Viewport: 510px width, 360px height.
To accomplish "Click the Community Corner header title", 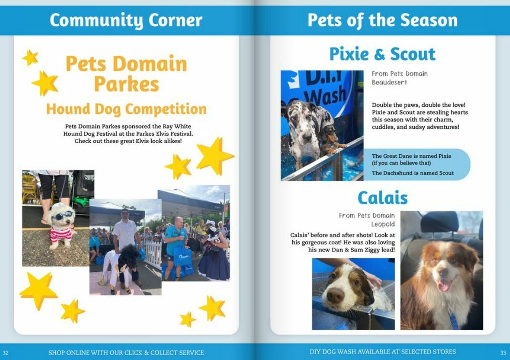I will tap(126, 20).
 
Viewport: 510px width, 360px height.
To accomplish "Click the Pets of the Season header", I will tap(382, 20).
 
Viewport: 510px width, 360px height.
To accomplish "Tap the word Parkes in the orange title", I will tap(126, 84).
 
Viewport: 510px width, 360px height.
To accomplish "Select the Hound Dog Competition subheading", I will tap(126, 109).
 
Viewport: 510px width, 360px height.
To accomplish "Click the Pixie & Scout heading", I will tap(382, 54).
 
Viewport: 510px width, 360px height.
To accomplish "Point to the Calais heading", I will tap(382, 198).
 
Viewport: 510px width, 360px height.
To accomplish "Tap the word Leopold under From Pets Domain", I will tap(383, 224).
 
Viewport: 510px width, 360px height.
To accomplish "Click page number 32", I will tap(6, 352).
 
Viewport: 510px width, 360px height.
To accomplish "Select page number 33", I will tap(503, 352).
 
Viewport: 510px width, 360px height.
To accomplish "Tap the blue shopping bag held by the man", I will tap(182, 256).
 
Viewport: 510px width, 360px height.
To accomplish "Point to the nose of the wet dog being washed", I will tap(335, 295).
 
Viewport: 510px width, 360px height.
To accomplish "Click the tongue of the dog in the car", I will tap(442, 285).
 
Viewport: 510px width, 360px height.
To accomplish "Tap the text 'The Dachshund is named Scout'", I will tap(413, 173).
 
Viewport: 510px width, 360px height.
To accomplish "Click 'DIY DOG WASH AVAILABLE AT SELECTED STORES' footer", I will tap(382, 352).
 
